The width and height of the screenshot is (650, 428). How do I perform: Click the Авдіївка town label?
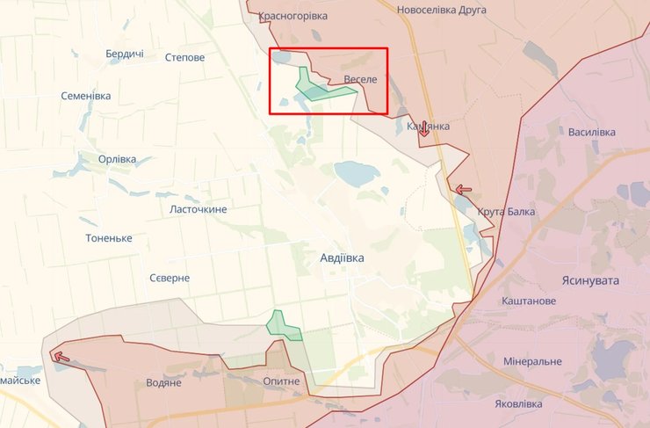[341, 258]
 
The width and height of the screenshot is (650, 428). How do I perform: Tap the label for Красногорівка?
[293, 16]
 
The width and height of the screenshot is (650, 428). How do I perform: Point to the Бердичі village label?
[124, 54]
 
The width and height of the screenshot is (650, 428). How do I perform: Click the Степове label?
[184, 57]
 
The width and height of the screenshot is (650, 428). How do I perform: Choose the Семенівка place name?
[86, 95]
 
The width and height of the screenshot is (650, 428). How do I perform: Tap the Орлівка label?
[118, 159]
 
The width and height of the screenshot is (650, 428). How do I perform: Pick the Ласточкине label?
[198, 209]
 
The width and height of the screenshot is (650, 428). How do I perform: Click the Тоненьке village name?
[109, 238]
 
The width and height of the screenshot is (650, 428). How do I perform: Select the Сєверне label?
[168, 278]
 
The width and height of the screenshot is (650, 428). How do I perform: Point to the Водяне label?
[162, 382]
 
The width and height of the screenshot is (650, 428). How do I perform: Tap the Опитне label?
[281, 381]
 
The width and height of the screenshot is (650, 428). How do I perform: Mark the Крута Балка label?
[506, 212]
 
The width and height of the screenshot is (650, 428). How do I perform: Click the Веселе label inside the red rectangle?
[360, 80]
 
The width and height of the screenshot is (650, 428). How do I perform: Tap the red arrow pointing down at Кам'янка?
[423, 129]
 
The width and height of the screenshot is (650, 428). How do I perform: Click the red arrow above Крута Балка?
[464, 189]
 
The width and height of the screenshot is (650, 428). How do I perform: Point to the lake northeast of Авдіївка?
[354, 173]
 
